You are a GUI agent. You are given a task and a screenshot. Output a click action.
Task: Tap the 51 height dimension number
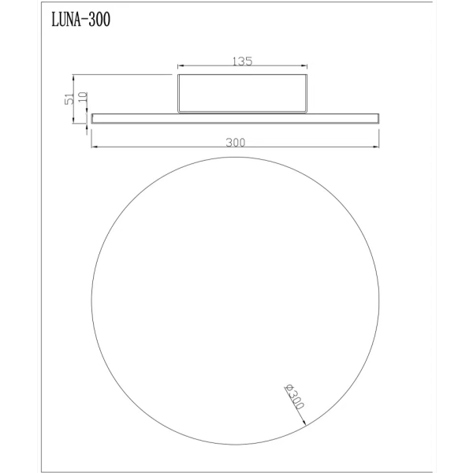pos(70,98)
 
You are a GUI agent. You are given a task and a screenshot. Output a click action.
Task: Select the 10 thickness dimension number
pos(84,101)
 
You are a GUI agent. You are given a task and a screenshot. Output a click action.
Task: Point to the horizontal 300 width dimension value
pos(235,143)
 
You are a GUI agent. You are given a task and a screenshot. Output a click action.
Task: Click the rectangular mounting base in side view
pos(241,94)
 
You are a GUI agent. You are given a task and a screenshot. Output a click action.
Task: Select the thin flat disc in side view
pos(235,119)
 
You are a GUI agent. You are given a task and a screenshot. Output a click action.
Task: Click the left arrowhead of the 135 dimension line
pos(181,67)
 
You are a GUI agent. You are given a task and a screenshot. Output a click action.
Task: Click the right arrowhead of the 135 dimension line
pos(304,67)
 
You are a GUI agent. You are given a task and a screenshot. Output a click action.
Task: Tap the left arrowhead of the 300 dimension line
pos(94,147)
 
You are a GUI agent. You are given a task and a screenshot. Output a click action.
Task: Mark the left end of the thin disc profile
pos(93,119)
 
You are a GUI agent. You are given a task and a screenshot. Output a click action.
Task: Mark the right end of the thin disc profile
pos(379,119)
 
